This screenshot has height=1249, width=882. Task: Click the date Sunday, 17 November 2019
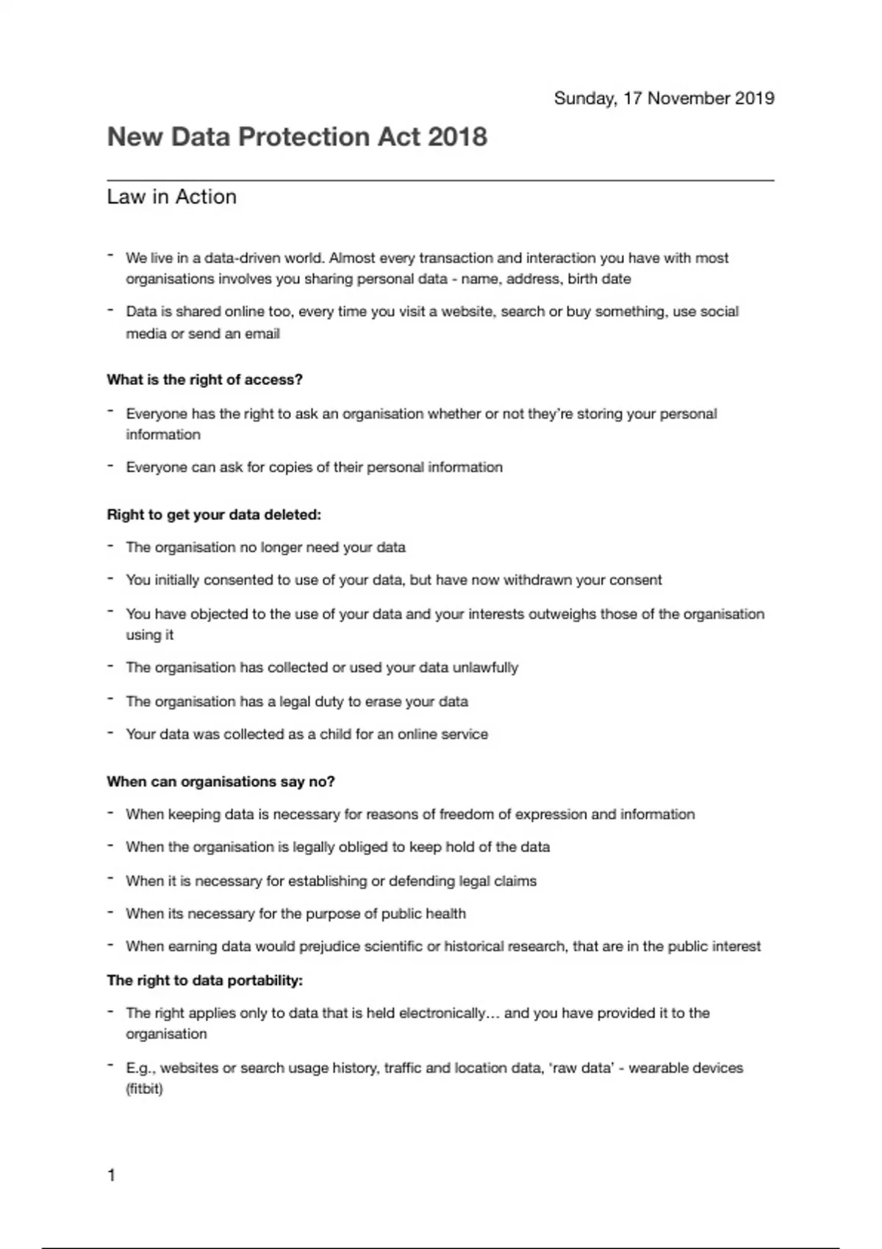click(x=664, y=98)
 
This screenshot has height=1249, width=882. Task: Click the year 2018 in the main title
click(x=456, y=137)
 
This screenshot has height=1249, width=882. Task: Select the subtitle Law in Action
click(x=172, y=197)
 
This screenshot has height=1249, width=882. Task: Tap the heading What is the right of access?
click(x=204, y=380)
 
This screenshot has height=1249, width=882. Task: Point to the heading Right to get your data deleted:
click(x=214, y=515)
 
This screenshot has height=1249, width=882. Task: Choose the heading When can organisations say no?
click(x=220, y=782)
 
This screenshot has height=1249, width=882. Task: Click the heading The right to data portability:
click(x=204, y=981)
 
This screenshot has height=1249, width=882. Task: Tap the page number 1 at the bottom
click(x=112, y=1176)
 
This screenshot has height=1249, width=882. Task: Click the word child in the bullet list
click(x=335, y=734)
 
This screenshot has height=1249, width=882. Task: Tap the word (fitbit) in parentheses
click(x=144, y=1089)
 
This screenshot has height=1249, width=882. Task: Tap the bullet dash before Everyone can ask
click(x=110, y=466)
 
